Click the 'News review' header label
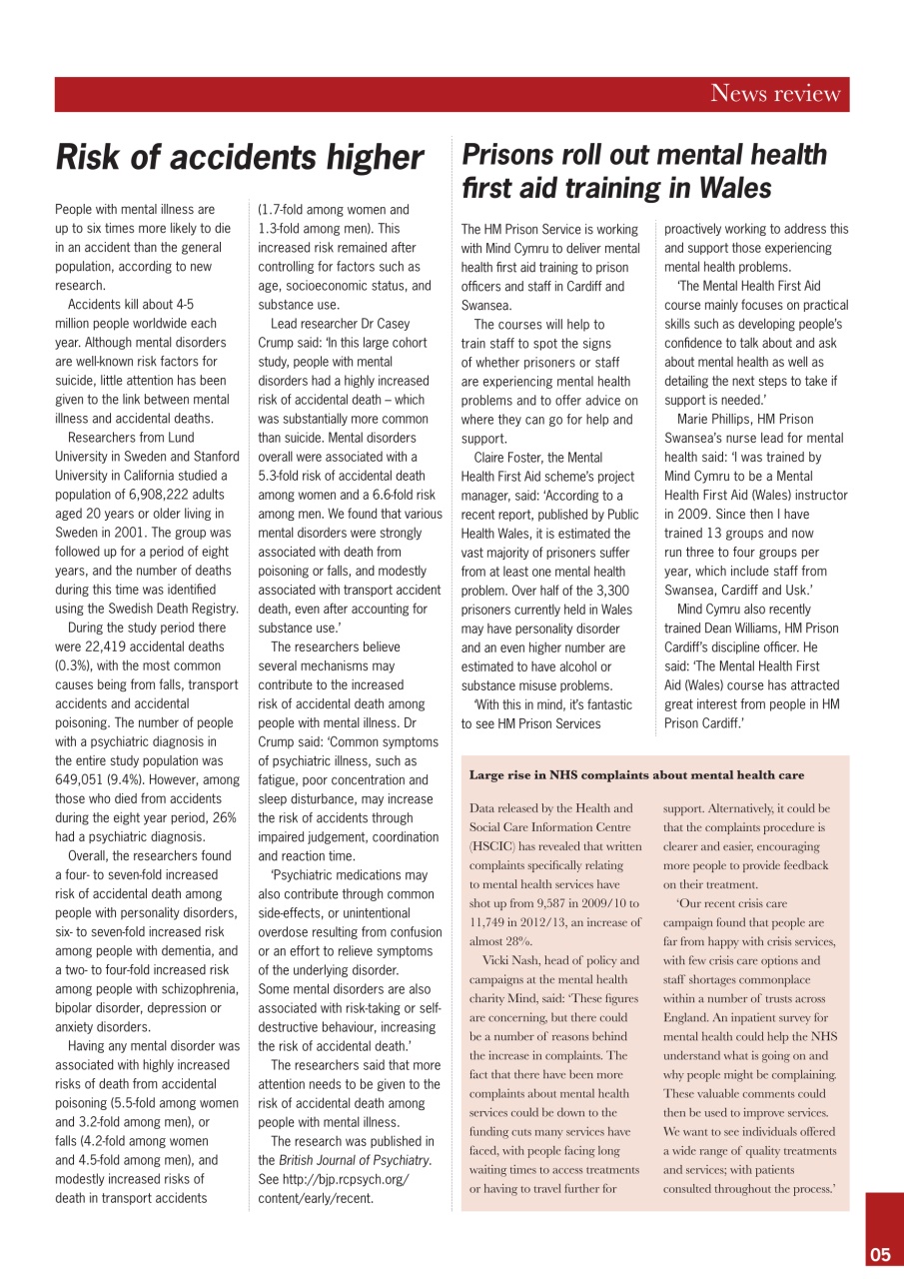coord(775,94)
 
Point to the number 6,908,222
coord(147,494)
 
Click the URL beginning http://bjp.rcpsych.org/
coord(334,1178)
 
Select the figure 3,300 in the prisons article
coord(610,591)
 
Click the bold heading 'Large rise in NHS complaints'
coord(636,774)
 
